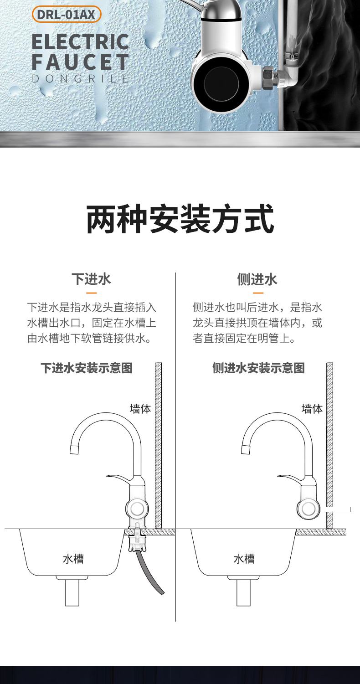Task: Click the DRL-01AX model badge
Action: click(67, 15)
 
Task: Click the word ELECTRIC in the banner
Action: click(81, 42)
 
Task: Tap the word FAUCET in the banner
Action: click(81, 62)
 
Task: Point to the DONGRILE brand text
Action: click(81, 78)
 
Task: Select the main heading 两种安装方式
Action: click(180, 219)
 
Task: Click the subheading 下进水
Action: click(91, 279)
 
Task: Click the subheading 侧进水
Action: click(257, 279)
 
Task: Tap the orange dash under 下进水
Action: click(91, 293)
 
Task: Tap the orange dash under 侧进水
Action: click(258, 293)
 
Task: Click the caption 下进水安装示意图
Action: click(87, 368)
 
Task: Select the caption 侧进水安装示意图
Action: click(258, 368)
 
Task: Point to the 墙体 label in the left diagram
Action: click(140, 409)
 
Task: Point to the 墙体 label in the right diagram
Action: click(312, 409)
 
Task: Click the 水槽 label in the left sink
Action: click(73, 559)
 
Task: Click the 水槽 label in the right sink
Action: click(244, 559)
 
